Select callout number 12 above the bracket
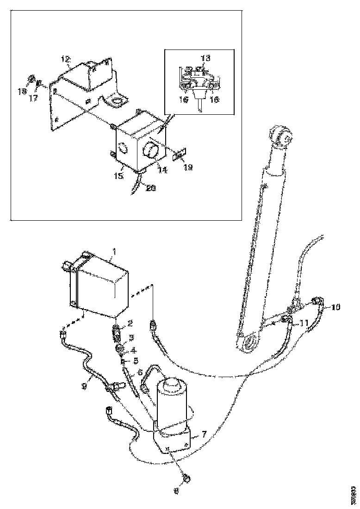point(66,59)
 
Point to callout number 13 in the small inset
point(205,58)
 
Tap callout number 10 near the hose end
point(335,307)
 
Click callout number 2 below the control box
point(130,323)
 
